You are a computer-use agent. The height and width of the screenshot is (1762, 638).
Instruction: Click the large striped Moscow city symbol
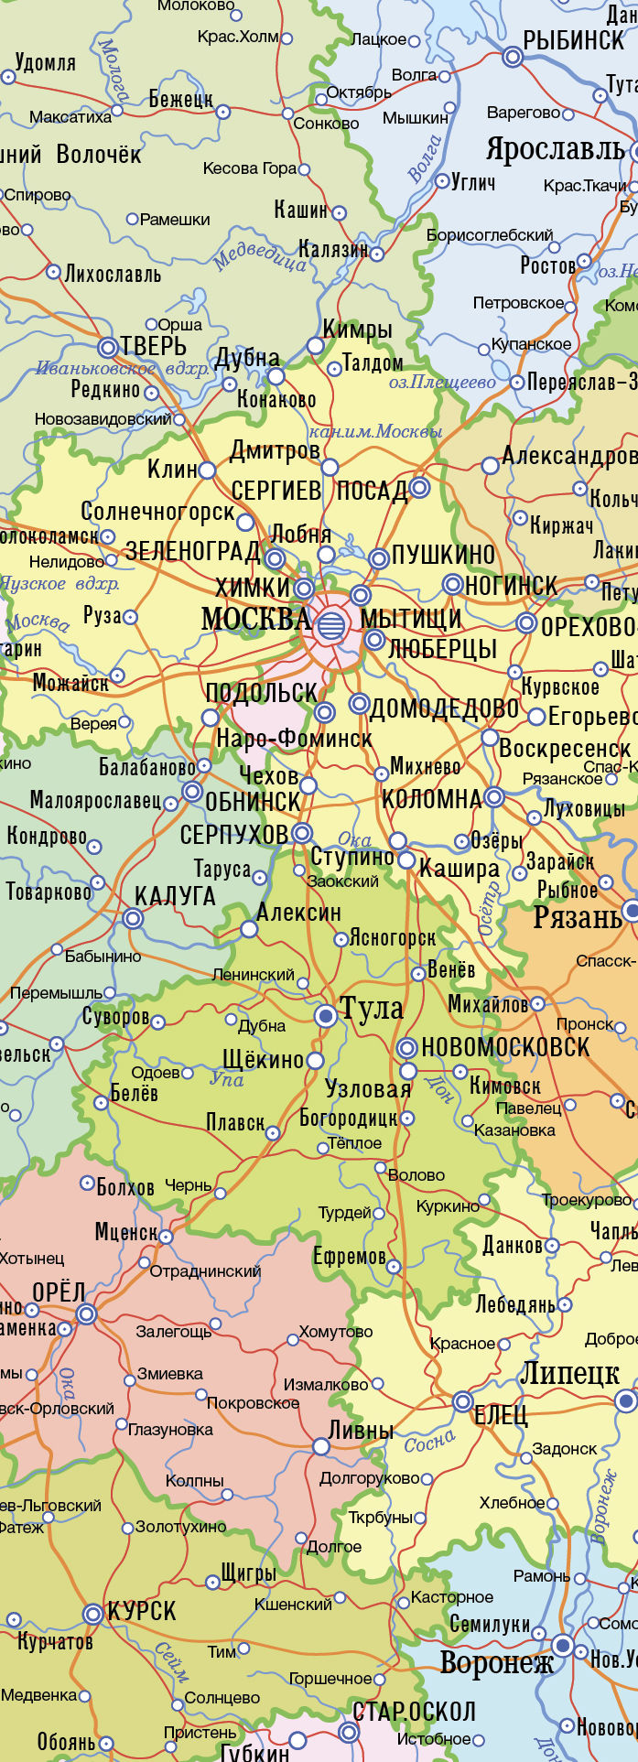tap(331, 626)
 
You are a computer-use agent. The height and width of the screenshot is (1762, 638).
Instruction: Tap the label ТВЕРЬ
tap(155, 347)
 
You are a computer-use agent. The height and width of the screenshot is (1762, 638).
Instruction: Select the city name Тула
tap(372, 1009)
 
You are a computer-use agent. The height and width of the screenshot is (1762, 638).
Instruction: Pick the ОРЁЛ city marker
tap(87, 1314)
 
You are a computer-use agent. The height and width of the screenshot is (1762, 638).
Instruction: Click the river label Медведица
tap(259, 254)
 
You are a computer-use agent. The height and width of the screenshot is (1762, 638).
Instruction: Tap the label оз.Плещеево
tap(442, 383)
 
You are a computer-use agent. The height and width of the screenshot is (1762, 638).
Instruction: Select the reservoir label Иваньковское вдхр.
tap(122, 370)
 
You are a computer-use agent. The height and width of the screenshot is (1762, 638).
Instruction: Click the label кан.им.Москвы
tap(375, 431)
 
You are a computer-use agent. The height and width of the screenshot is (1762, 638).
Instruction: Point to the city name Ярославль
tap(556, 149)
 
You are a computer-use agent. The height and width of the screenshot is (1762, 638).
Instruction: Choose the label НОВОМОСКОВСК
tap(505, 1048)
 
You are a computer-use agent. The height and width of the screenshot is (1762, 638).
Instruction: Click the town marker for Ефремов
tap(394, 1267)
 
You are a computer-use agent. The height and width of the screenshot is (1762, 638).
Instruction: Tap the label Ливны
tap(361, 1431)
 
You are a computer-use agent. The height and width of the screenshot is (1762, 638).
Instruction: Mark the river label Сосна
tap(429, 1443)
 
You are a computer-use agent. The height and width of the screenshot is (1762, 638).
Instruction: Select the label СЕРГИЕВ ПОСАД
tap(319, 492)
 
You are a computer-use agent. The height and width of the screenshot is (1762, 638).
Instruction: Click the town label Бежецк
tap(180, 99)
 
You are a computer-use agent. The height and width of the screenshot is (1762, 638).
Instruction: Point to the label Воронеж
tap(497, 1662)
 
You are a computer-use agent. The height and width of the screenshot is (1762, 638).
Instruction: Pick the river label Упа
tap(227, 1080)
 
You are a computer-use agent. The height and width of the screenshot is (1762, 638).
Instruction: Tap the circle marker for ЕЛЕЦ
tap(463, 1402)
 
